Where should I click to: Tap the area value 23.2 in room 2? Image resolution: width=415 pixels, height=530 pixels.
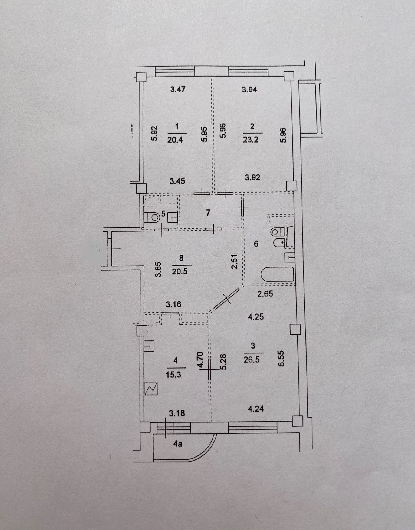[251, 140]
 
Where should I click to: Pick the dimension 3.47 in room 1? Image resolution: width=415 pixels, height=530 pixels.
[178, 89]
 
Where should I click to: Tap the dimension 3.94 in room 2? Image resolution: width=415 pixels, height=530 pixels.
[249, 89]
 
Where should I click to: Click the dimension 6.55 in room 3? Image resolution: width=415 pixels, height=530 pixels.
[282, 358]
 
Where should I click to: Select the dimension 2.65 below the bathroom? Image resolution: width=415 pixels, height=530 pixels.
[265, 294]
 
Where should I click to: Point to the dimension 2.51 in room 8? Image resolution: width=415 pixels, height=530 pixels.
[235, 261]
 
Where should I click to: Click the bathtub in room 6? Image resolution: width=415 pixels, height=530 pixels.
[277, 274]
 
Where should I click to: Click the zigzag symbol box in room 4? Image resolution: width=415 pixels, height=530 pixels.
[151, 388]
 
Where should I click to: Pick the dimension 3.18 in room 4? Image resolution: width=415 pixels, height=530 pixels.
[177, 413]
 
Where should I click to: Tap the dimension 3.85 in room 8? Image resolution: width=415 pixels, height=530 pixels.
[158, 269]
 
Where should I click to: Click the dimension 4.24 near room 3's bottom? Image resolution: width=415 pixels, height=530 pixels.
[256, 409]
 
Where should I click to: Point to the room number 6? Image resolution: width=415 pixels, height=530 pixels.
[256, 244]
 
